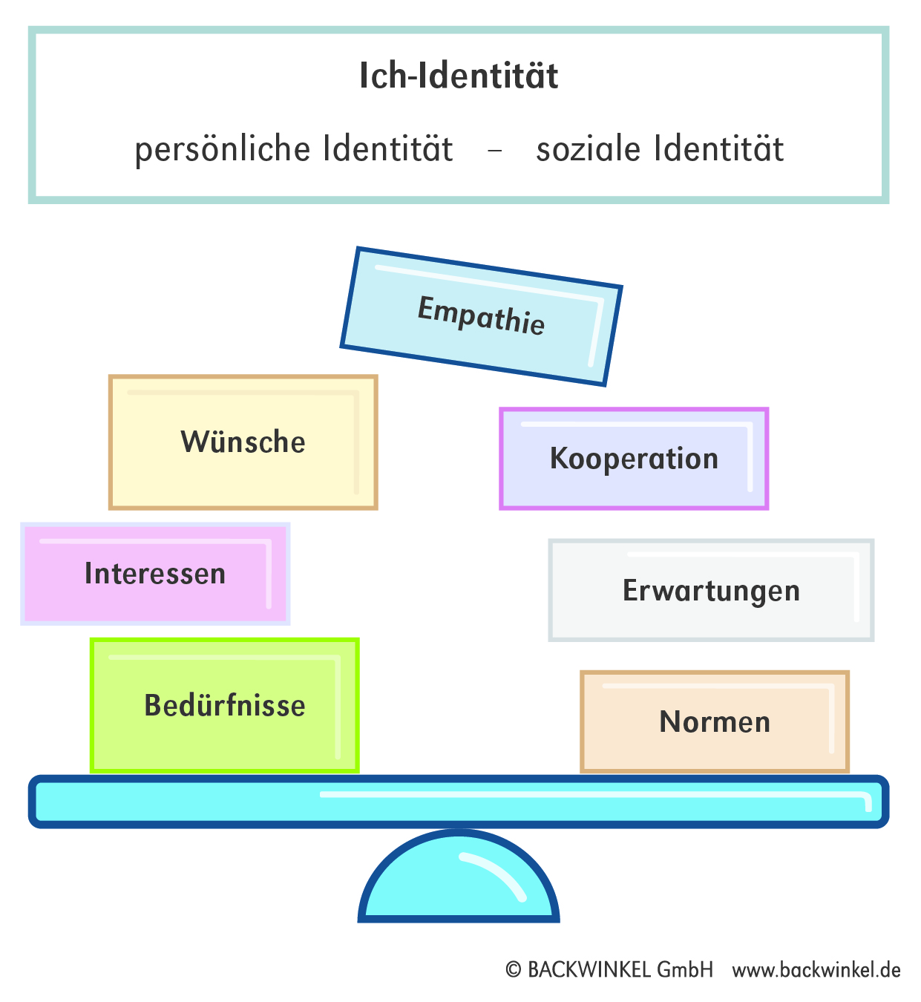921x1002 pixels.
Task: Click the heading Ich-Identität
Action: [x=459, y=76]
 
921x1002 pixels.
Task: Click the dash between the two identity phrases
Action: [x=495, y=151]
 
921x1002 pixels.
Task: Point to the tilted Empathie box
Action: [x=481, y=317]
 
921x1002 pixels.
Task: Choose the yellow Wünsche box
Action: [x=243, y=442]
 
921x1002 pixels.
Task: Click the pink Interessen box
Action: [x=155, y=574]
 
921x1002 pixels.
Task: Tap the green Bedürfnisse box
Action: [x=225, y=705]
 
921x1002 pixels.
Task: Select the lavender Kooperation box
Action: [x=634, y=459]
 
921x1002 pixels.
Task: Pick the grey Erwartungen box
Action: [x=711, y=591]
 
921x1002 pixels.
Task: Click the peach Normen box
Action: [x=715, y=721]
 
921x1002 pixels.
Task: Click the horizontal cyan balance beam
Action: [x=459, y=802]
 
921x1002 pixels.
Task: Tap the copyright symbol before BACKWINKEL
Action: [x=514, y=970]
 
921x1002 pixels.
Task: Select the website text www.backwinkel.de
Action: [x=816, y=970]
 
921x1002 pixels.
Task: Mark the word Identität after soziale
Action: [x=718, y=148]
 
